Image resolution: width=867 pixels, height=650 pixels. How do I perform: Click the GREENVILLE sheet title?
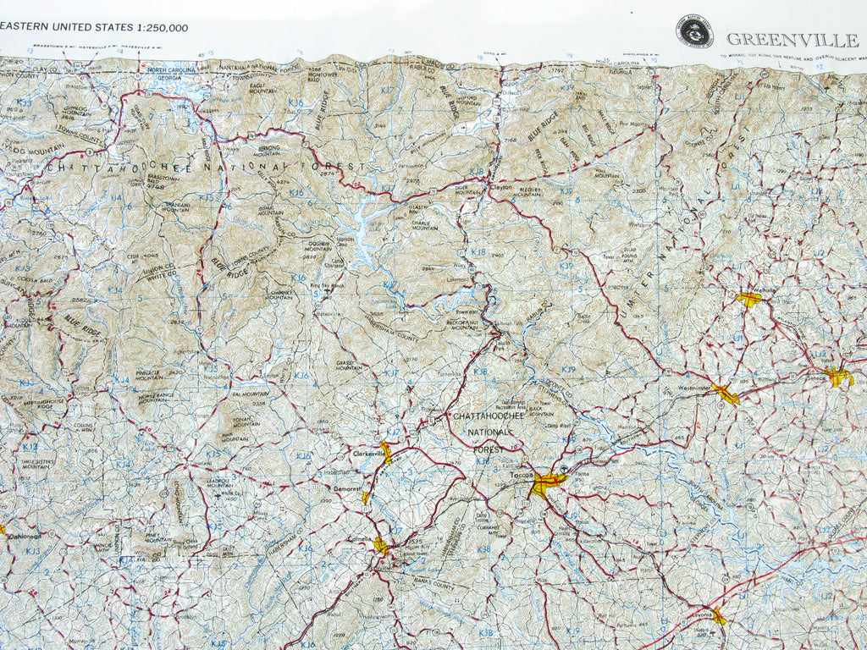pos(792,39)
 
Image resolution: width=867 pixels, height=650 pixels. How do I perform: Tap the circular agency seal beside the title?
pos(694,31)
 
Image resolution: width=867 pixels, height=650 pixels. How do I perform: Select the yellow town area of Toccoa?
pos(546,484)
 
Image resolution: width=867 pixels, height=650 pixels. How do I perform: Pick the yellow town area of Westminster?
pos(725,392)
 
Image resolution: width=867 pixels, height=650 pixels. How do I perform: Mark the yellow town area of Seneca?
pos(838,377)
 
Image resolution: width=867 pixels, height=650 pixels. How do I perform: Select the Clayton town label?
pos(501,188)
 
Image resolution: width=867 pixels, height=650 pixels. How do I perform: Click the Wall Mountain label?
pos(606,173)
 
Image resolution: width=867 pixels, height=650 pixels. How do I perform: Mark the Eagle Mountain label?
pos(264,87)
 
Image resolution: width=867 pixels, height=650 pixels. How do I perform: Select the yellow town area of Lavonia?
pos(718,616)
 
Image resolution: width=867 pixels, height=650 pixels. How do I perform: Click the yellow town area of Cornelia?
pos(382,546)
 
